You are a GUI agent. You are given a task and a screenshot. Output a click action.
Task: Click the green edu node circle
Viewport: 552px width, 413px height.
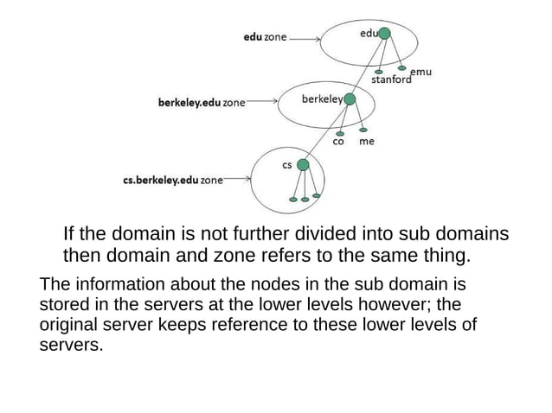(385, 33)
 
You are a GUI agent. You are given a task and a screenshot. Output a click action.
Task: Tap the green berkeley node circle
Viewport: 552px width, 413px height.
(350, 99)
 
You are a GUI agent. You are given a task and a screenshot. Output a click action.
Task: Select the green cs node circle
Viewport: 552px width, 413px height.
(302, 163)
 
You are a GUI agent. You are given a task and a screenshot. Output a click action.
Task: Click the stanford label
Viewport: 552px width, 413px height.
(390, 81)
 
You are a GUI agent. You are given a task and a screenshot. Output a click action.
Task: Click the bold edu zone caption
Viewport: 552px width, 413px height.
(265, 38)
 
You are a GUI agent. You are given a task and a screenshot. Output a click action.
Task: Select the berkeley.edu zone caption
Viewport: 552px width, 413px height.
(201, 103)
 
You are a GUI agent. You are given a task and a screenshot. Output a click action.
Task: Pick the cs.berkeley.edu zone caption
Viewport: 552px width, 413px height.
(173, 181)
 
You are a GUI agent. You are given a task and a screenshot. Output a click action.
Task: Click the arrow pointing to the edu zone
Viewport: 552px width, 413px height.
(305, 38)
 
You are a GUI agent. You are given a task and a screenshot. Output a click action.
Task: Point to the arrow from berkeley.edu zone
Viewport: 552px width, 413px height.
(260, 101)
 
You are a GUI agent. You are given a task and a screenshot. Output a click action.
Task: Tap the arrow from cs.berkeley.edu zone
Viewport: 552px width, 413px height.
(236, 181)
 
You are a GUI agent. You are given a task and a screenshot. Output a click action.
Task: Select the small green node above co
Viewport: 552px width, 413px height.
(340, 133)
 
